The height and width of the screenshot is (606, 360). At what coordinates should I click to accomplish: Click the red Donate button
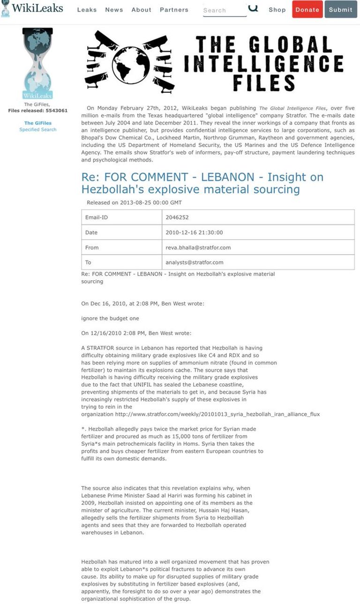[x=307, y=9]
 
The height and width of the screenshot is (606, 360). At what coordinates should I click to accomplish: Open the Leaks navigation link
[x=87, y=10]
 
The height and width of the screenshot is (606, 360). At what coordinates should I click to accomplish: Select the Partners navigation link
[x=174, y=10]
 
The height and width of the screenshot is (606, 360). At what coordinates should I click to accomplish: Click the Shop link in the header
[x=277, y=10]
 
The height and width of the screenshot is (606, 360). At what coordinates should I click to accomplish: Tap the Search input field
[x=224, y=10]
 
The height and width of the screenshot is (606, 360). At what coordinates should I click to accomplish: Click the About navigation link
[x=141, y=10]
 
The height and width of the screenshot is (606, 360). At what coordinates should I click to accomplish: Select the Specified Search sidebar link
[x=37, y=130]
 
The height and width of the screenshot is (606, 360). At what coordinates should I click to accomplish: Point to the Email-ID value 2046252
[x=177, y=217]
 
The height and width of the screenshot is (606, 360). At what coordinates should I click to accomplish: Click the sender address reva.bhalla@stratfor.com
[x=198, y=247]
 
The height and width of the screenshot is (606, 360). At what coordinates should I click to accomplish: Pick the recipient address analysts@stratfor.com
[x=194, y=262]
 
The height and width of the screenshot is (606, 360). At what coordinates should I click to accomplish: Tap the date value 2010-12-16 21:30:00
[x=194, y=232]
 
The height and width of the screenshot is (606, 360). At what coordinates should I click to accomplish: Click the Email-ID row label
[x=97, y=217]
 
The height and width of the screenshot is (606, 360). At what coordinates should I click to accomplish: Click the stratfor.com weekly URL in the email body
[x=217, y=414]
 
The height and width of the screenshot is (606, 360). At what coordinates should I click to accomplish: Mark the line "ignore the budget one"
[x=110, y=319]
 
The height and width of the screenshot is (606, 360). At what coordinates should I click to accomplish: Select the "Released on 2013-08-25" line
[x=134, y=202]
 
